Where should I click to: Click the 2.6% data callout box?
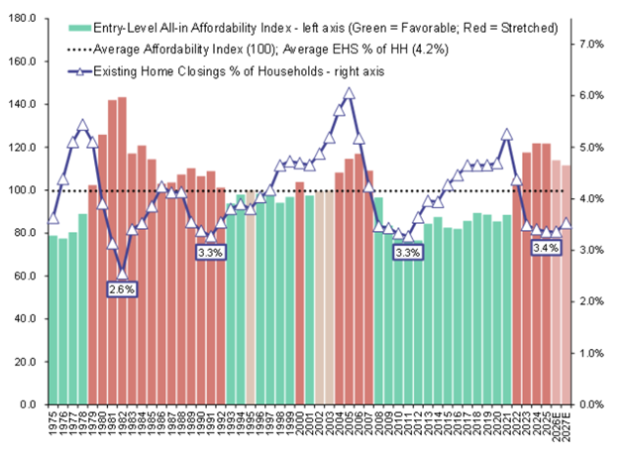tap(121, 289)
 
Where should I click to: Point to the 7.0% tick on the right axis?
tap(592, 44)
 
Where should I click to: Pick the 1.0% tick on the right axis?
tap(592, 353)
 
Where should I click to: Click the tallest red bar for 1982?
tap(122, 248)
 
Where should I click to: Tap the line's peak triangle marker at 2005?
tap(349, 93)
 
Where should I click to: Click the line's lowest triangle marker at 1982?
tap(122, 273)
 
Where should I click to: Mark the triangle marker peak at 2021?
tap(507, 135)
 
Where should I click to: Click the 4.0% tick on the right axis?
tap(592, 198)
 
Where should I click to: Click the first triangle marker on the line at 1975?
tap(53, 218)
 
